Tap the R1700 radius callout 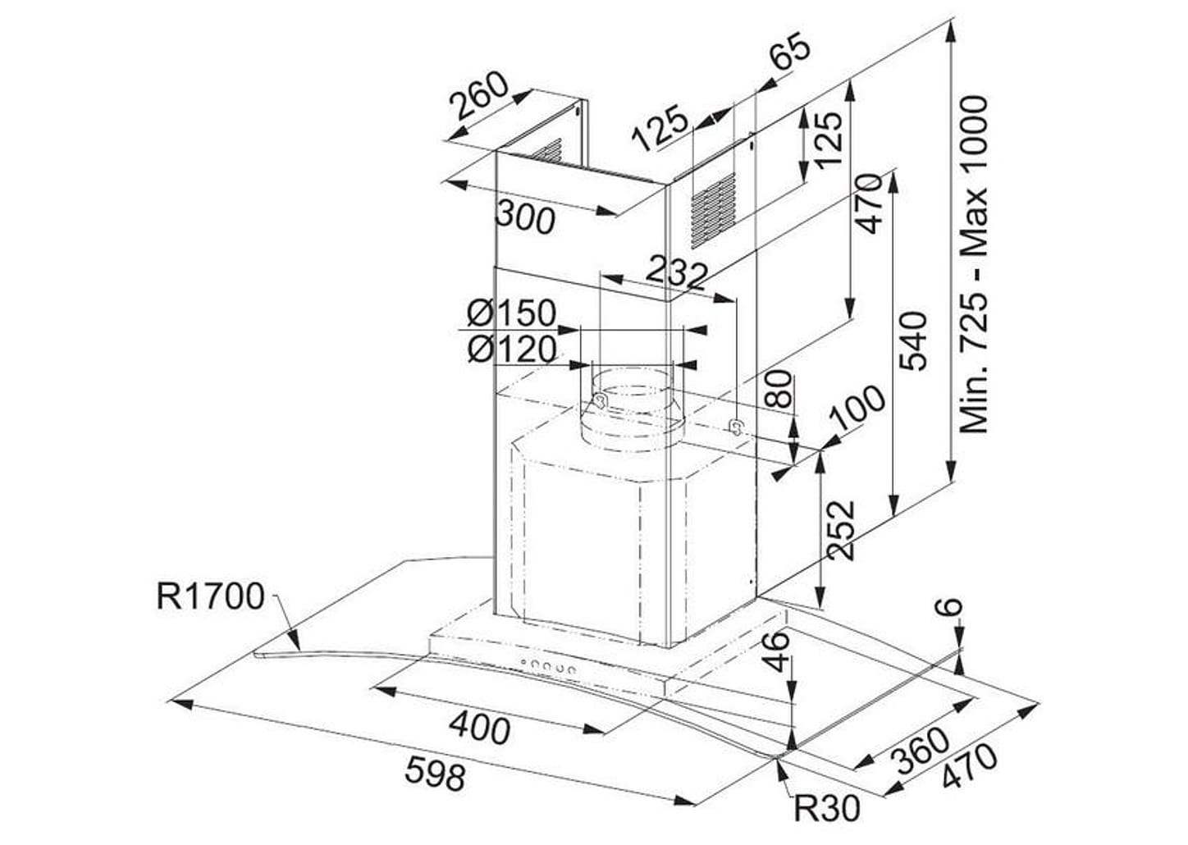pos(211,596)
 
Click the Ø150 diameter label pos(512,313)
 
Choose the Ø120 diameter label pos(512,349)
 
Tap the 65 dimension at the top pos(790,50)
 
